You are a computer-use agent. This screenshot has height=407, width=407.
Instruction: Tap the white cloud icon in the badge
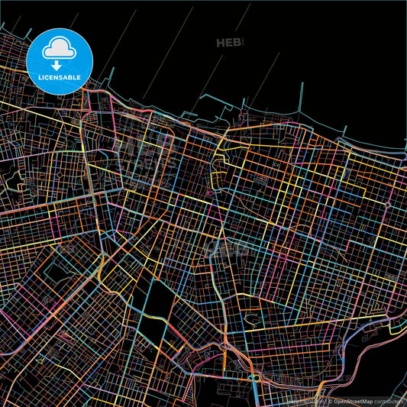60,48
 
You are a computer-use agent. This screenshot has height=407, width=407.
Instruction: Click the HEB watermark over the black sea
228,43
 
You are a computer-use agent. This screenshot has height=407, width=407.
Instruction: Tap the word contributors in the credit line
392,400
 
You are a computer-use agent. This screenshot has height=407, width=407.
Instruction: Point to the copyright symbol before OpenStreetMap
331,400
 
